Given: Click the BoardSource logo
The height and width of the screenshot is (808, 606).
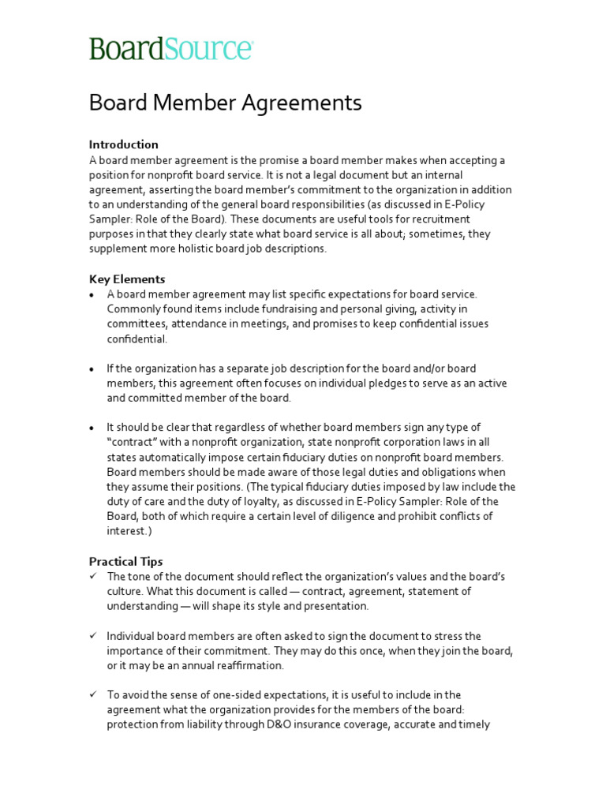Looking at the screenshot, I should pos(170,48).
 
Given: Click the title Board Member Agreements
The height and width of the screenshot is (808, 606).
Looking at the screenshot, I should pos(225,103).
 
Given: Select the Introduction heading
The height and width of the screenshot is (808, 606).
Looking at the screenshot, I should pos(123,144).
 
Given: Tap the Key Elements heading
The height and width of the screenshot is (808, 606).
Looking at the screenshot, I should pos(126,279).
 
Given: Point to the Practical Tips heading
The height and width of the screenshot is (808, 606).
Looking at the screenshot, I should pos(125,561).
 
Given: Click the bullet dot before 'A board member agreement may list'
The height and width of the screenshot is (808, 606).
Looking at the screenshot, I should pos(92,294).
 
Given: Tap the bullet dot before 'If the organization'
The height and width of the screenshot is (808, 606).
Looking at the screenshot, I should pos(92,368).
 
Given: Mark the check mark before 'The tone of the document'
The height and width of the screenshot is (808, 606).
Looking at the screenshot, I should pos(92,576).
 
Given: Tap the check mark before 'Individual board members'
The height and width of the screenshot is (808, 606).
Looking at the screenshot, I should pos(92,635).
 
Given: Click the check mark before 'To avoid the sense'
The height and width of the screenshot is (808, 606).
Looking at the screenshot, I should pos(92,694).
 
